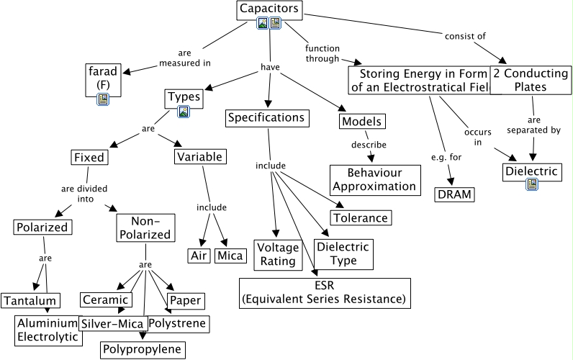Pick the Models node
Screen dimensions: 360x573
(x=361, y=121)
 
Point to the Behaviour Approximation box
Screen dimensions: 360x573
(x=375, y=180)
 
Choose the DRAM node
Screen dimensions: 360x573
(x=455, y=194)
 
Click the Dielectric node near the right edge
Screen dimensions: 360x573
(x=532, y=172)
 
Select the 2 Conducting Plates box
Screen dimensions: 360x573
(x=531, y=80)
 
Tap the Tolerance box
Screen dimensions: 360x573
(x=361, y=217)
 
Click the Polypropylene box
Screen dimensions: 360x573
(x=143, y=350)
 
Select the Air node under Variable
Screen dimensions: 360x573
(x=198, y=256)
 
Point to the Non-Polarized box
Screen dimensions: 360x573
(x=145, y=227)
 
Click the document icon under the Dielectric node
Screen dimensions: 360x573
(x=532, y=184)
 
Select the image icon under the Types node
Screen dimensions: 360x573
(x=184, y=112)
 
